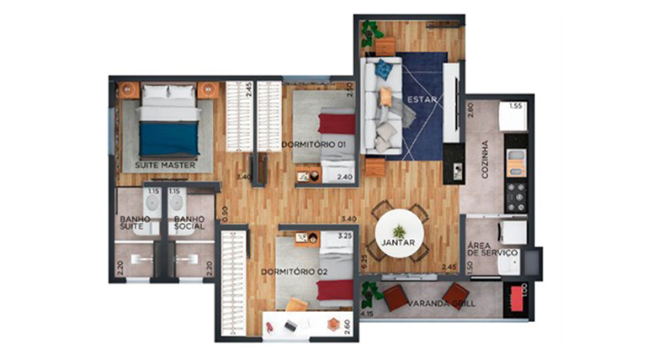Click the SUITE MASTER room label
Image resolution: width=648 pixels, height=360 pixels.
click(x=165, y=166)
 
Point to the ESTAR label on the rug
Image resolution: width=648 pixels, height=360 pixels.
click(x=420, y=100)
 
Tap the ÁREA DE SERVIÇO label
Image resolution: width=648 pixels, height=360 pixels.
click(x=492, y=248)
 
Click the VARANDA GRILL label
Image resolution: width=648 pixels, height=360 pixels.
click(x=440, y=303)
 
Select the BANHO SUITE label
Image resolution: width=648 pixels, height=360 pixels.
click(x=134, y=224)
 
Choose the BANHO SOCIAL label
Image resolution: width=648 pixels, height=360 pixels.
click(x=189, y=224)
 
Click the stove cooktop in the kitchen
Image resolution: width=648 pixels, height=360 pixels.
click(x=515, y=194)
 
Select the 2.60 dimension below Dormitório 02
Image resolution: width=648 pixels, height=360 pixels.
click(x=345, y=323)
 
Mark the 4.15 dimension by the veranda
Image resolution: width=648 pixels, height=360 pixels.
click(x=365, y=315)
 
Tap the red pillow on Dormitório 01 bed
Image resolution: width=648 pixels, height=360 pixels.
click(x=342, y=124)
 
